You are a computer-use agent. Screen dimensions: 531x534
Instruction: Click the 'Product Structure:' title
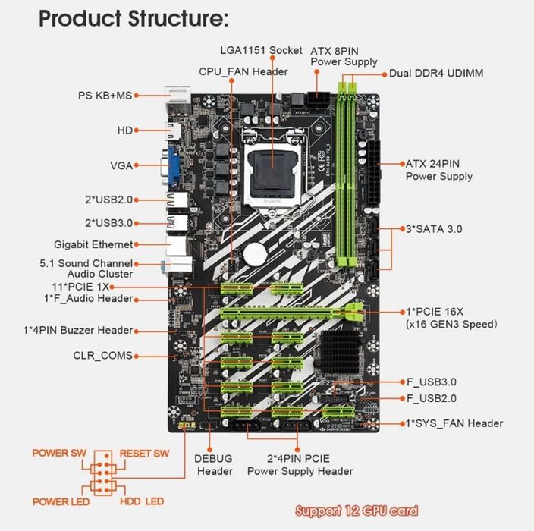click(x=133, y=18)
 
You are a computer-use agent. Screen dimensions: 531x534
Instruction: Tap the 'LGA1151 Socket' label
click(x=260, y=51)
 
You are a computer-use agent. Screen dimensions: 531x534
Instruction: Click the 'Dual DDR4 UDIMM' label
click(x=436, y=74)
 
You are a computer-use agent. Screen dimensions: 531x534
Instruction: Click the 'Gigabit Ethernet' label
click(x=93, y=244)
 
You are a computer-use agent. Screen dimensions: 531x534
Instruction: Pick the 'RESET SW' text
click(x=144, y=454)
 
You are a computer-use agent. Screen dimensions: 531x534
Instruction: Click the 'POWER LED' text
click(x=61, y=502)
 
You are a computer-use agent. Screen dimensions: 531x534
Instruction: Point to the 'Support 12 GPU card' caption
click(x=356, y=511)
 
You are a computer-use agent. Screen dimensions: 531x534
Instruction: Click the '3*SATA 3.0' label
click(x=435, y=228)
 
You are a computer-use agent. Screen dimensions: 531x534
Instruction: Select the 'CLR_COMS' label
click(x=102, y=355)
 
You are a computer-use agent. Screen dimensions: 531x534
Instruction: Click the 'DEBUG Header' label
click(x=215, y=465)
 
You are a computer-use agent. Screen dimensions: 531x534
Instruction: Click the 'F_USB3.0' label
click(x=432, y=382)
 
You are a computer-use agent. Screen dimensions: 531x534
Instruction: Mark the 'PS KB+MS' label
click(x=105, y=96)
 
